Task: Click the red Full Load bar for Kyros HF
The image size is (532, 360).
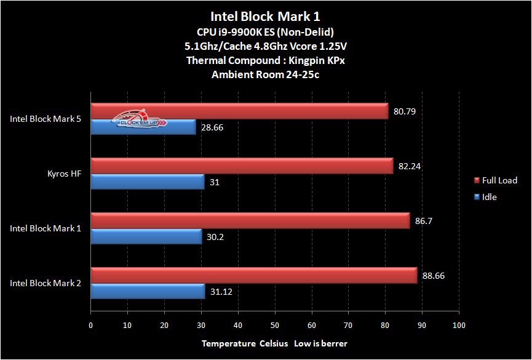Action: (x=242, y=166)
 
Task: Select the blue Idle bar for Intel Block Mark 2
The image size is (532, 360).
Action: (x=148, y=291)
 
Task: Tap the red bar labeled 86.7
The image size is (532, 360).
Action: (x=250, y=220)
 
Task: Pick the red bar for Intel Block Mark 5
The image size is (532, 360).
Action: (x=239, y=111)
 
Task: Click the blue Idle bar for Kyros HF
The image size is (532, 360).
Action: (x=148, y=182)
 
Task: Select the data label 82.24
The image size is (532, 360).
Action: (x=409, y=166)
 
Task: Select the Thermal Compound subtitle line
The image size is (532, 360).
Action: (x=265, y=60)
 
